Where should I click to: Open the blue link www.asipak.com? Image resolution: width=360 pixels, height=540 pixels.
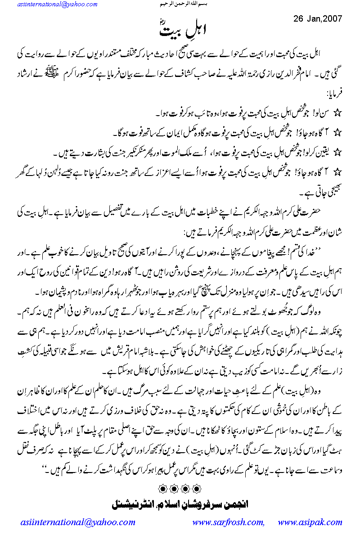[310, 523]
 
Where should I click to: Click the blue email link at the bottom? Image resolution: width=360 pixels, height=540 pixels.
[78, 523]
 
